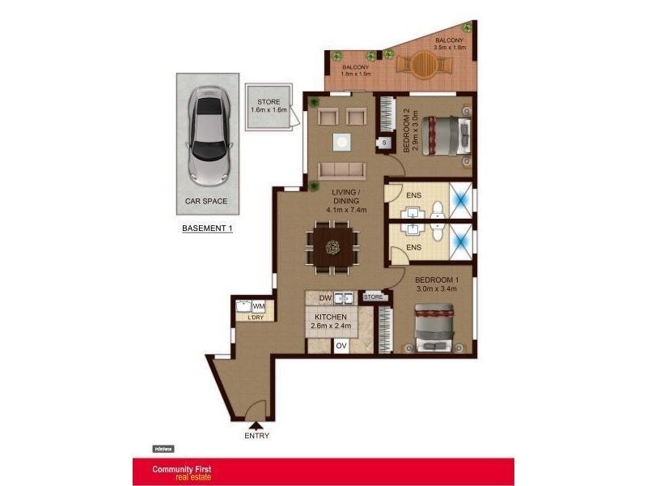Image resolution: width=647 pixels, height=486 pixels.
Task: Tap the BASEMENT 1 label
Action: coord(207,228)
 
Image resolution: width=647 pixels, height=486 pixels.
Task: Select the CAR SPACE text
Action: coord(207,200)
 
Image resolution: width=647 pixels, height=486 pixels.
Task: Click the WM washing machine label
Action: coord(259,306)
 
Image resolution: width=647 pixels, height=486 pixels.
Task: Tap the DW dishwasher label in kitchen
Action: coord(325,297)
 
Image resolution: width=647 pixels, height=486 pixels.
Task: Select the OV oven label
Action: coord(341,345)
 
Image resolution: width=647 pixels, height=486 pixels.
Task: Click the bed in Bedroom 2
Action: coord(443,134)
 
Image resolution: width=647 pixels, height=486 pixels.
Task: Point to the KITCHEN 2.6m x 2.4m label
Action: coord(330,322)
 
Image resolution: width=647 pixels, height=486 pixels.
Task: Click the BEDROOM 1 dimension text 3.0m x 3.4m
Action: coord(437,288)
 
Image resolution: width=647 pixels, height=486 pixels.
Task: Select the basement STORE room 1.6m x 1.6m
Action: coord(269,106)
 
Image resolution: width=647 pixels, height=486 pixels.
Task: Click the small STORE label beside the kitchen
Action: coord(373,297)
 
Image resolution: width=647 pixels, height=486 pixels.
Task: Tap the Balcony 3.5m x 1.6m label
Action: coord(449,44)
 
